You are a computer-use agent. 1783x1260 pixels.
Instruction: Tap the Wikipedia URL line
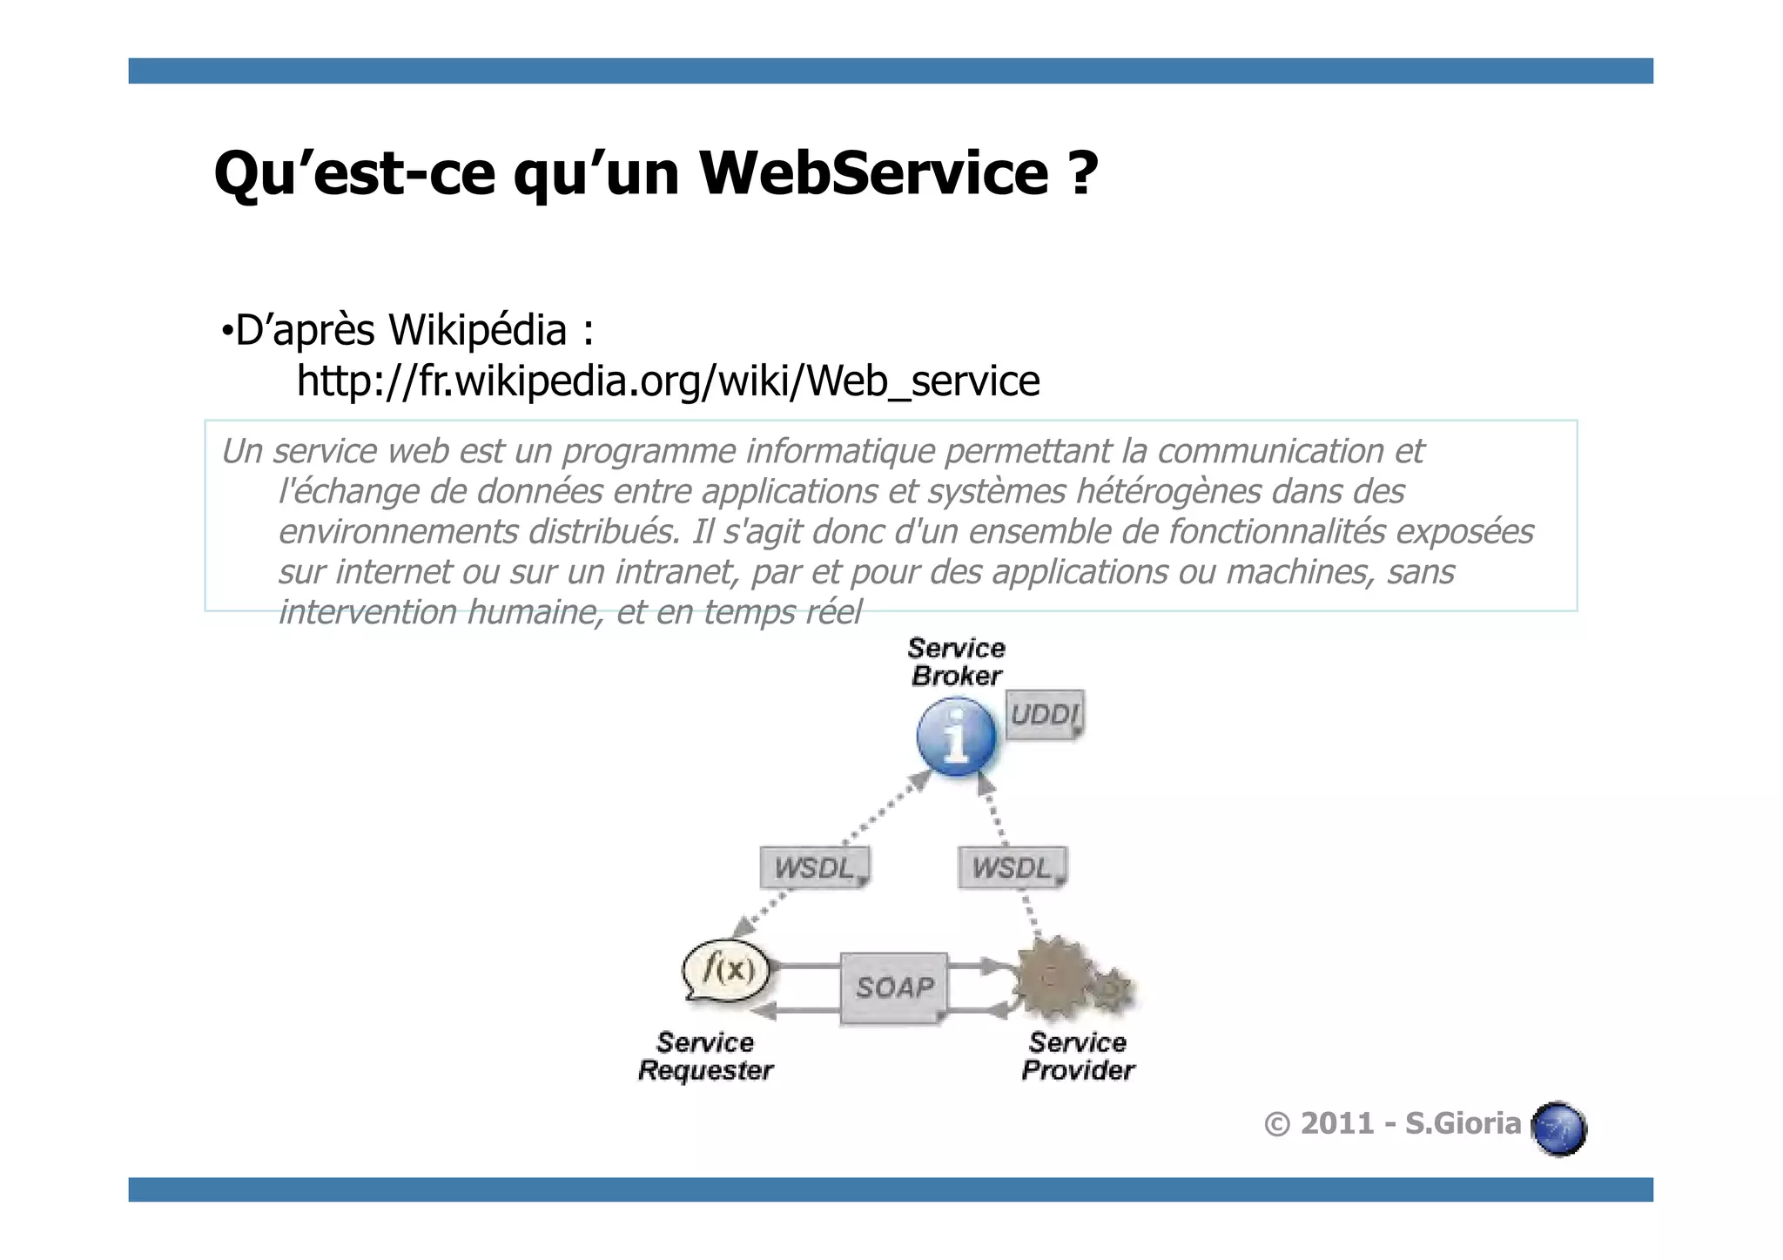click(x=668, y=381)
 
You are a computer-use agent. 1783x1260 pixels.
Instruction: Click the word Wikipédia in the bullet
click(x=477, y=330)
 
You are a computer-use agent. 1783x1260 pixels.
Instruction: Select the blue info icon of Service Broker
click(x=956, y=737)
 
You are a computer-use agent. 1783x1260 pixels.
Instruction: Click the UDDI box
click(x=1044, y=715)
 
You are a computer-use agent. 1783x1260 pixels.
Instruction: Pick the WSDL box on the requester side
click(x=814, y=867)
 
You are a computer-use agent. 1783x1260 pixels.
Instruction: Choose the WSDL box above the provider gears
click(x=1012, y=867)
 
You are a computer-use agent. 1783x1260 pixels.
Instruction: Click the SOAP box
click(x=894, y=987)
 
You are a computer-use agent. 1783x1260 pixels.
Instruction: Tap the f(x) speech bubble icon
click(x=728, y=969)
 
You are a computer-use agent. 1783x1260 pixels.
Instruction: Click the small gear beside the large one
click(x=1112, y=990)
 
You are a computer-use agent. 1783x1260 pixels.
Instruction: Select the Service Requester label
click(x=705, y=1056)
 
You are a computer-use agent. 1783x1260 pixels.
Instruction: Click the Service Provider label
click(x=1078, y=1056)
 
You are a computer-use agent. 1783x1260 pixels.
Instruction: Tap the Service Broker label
click(x=956, y=662)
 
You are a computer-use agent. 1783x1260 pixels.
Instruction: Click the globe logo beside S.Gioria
click(x=1558, y=1129)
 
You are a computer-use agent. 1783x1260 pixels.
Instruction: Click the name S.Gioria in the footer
click(x=1463, y=1124)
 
